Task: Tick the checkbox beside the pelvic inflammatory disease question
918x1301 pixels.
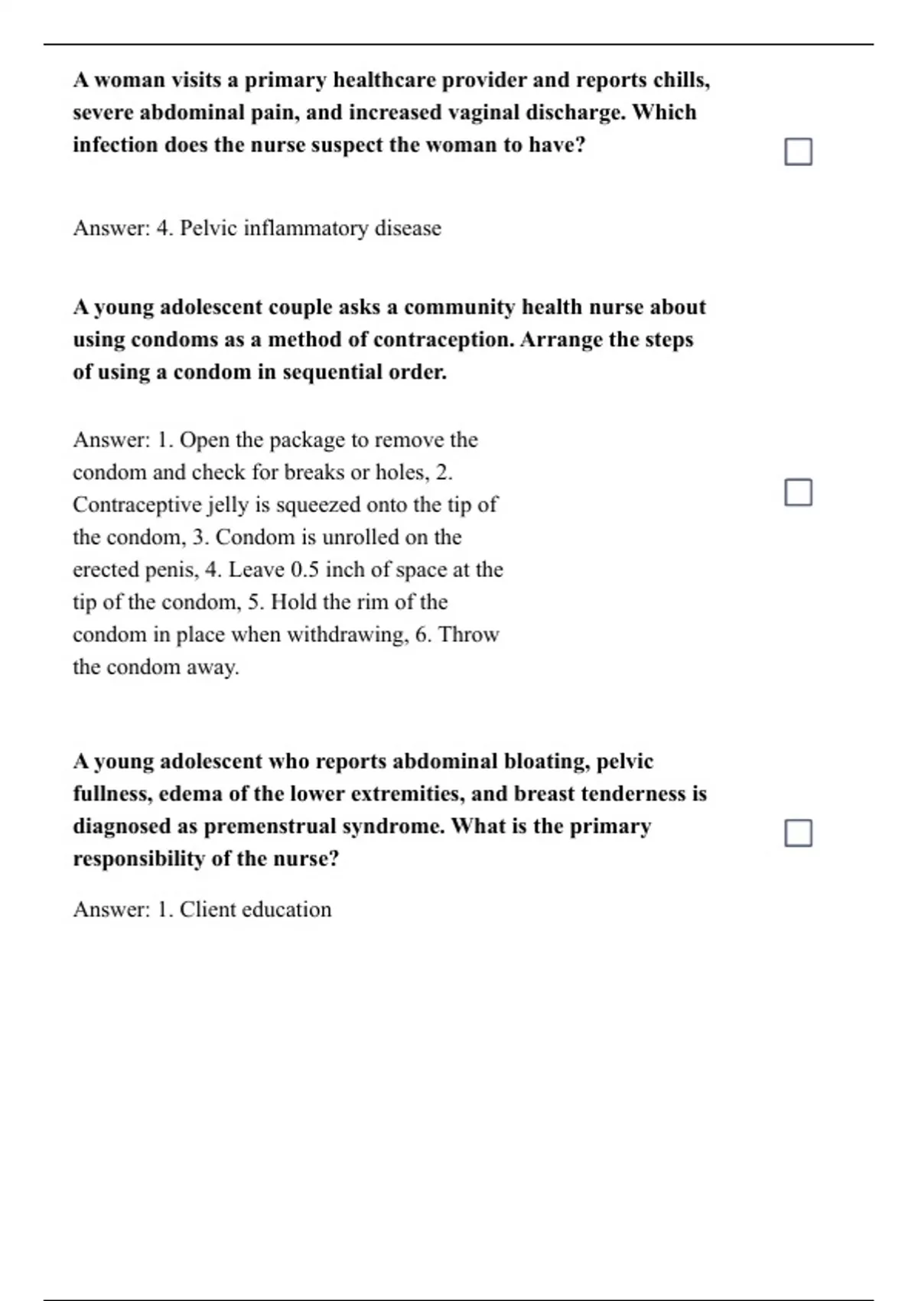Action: point(798,152)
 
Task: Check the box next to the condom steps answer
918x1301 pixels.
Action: point(798,492)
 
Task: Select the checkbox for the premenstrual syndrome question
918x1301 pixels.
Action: point(798,833)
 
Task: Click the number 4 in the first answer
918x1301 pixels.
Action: point(163,228)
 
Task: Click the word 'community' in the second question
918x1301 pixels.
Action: point(459,307)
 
